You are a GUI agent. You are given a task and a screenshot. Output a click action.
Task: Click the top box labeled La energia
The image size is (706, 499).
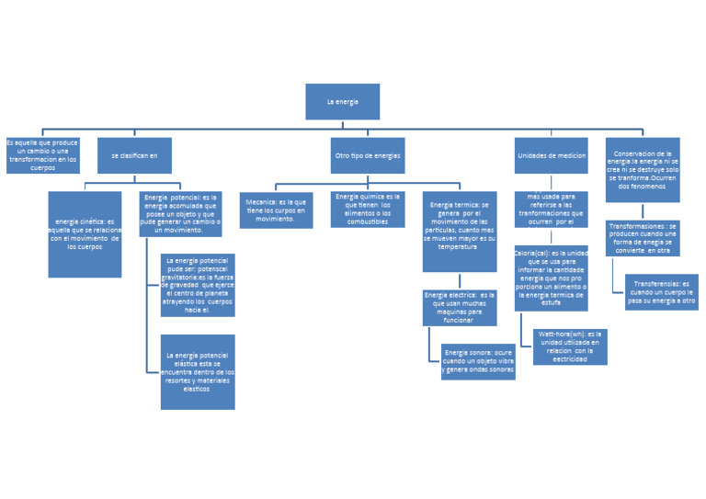point(342,101)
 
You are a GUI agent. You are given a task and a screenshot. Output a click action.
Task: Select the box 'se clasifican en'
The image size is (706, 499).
point(134,155)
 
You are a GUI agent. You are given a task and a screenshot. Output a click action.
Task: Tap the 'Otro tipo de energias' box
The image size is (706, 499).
point(368,155)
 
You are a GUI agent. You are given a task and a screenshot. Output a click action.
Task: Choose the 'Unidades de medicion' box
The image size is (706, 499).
point(552,155)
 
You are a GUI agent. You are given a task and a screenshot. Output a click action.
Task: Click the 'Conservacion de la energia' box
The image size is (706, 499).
point(643,169)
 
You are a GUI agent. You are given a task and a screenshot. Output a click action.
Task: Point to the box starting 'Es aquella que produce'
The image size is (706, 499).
point(42,155)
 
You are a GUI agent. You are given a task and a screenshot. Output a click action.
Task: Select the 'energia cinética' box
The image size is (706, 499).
point(85,233)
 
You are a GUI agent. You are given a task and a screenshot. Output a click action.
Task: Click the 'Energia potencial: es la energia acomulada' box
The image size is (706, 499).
point(180,213)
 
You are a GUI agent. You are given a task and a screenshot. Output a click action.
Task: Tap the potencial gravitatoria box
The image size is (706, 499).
point(197,285)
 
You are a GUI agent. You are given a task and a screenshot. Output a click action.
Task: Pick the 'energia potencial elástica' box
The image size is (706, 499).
point(197,371)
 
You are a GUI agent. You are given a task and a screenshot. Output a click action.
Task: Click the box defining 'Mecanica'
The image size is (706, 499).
point(276,210)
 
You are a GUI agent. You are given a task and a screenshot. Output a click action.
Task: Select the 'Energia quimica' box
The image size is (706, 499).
point(368,209)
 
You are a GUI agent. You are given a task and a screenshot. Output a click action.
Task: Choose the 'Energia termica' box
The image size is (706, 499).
point(460,231)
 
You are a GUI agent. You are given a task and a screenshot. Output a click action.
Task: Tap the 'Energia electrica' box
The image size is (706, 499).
point(460,307)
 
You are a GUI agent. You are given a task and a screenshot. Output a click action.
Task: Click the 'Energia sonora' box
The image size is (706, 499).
point(478,361)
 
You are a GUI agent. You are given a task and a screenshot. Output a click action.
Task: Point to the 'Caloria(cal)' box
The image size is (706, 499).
point(552,278)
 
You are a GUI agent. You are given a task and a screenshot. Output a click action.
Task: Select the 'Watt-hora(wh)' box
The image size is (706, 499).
point(570,346)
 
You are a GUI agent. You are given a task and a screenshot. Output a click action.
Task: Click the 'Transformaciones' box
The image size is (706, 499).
point(643,238)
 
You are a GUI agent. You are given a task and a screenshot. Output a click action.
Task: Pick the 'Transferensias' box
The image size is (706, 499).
point(662,291)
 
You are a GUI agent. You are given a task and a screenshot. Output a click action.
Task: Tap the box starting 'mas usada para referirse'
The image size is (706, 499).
point(552,209)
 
